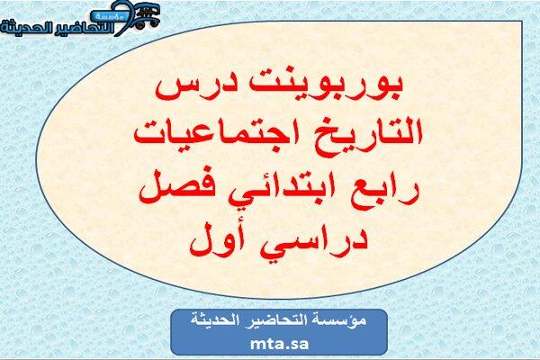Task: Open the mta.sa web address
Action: [279, 344]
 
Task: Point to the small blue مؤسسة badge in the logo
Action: [110, 16]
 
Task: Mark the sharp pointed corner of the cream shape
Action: [522, 22]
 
